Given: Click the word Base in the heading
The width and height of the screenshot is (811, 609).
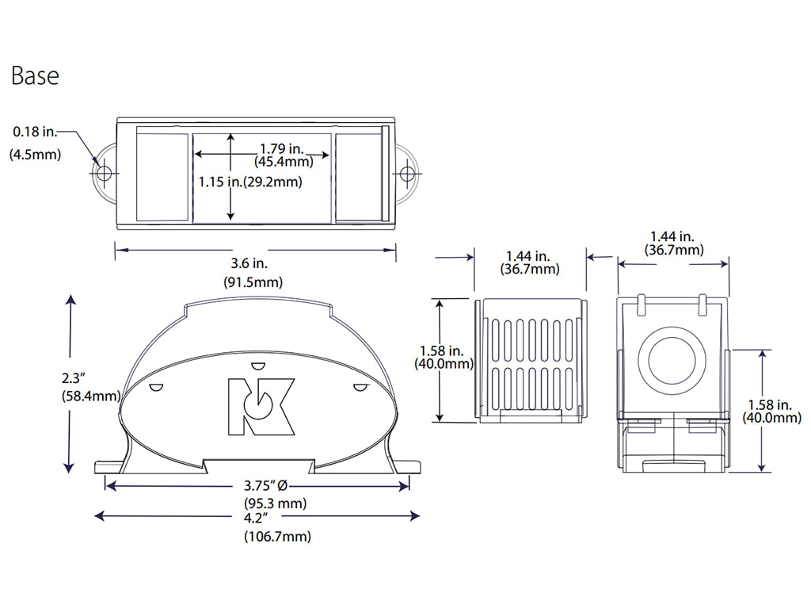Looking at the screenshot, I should pyautogui.click(x=35, y=76).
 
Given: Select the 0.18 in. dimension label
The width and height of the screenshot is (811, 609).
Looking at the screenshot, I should pyautogui.click(x=35, y=131).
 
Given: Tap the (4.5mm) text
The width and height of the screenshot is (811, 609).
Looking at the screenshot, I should pyautogui.click(x=35, y=155).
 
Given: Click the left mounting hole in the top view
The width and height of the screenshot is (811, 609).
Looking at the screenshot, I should pyautogui.click(x=103, y=172).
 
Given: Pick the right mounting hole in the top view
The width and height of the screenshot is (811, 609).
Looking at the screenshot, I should pyautogui.click(x=408, y=172).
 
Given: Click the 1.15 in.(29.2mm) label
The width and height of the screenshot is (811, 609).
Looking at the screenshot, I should pyautogui.click(x=249, y=182).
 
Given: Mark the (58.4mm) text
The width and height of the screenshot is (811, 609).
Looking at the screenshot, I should pyautogui.click(x=90, y=396).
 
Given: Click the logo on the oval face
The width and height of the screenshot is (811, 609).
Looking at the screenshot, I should pyautogui.click(x=261, y=406).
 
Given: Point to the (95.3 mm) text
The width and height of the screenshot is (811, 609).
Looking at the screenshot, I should pyautogui.click(x=275, y=504).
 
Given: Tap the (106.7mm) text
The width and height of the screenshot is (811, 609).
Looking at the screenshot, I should pyautogui.click(x=277, y=537).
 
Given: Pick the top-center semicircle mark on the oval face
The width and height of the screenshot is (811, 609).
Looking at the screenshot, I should pyautogui.click(x=257, y=366).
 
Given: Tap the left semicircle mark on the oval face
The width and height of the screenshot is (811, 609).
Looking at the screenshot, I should pyautogui.click(x=156, y=387).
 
